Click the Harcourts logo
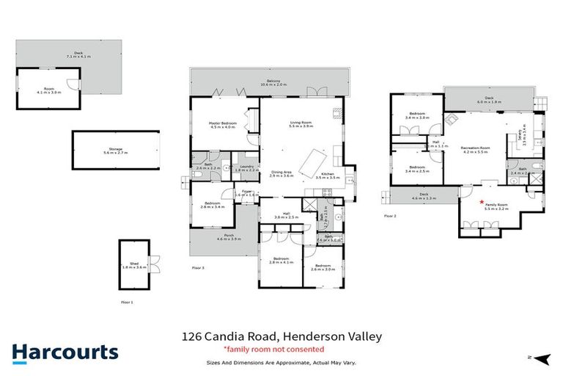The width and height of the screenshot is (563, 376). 65,352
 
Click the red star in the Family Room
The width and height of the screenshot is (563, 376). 482,202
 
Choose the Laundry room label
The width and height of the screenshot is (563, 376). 247,168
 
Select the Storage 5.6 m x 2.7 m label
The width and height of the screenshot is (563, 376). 116,151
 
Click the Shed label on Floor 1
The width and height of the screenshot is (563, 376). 133,266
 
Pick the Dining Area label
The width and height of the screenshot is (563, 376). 281,174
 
